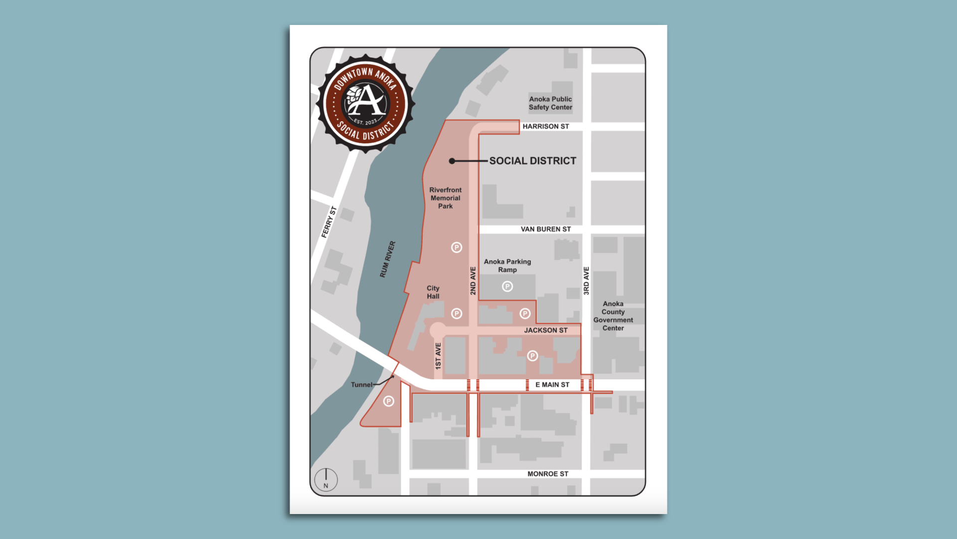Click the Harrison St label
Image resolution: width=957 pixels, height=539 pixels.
pyautogui.click(x=545, y=126)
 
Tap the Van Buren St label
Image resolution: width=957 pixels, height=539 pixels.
pyautogui.click(x=545, y=229)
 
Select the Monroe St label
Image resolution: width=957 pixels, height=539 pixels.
pyautogui.click(x=547, y=474)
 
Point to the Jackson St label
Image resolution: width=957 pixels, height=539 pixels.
pyautogui.click(x=545, y=330)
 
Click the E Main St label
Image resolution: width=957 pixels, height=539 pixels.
pyautogui.click(x=552, y=385)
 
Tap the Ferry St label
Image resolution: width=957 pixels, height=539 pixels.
pyautogui.click(x=329, y=222)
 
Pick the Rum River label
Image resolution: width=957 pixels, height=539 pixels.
pyautogui.click(x=387, y=260)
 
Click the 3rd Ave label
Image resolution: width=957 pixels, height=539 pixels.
pyautogui.click(x=586, y=280)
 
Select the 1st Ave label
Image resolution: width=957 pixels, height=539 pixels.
pyautogui.click(x=438, y=356)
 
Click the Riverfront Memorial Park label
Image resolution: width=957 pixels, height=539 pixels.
pyautogui.click(x=445, y=198)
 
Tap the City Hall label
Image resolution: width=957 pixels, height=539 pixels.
pyautogui.click(x=433, y=292)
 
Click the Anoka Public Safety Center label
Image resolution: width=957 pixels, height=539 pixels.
pyautogui.click(x=550, y=103)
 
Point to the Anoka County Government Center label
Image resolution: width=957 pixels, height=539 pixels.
pyautogui.click(x=613, y=316)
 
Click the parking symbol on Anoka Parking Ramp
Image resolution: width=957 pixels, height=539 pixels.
pyautogui.click(x=507, y=286)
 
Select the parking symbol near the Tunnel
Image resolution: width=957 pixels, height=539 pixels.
pyautogui.click(x=389, y=401)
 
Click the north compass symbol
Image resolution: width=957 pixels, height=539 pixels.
pyautogui.click(x=326, y=480)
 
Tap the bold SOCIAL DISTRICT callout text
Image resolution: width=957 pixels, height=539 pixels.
pyautogui.click(x=532, y=161)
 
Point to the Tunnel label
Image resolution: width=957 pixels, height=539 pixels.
pyautogui.click(x=361, y=385)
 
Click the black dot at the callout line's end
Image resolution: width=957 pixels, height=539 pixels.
pyautogui.click(x=452, y=161)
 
